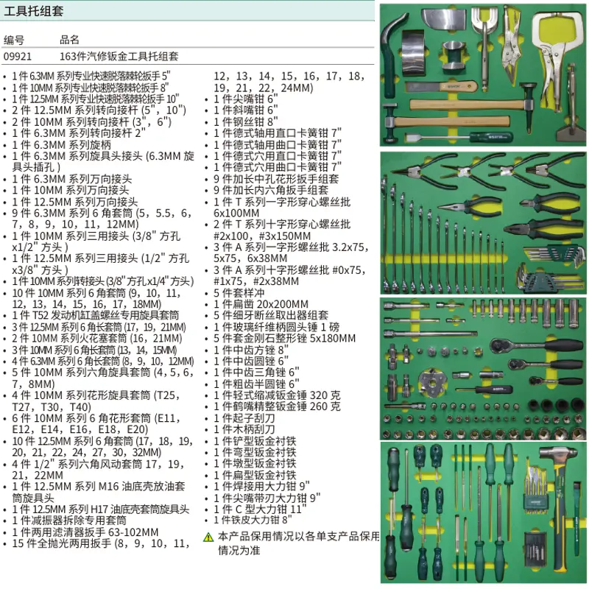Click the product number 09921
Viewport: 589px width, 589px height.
point(18,56)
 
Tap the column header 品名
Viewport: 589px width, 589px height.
point(70,40)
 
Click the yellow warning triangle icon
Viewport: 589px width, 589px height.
point(208,537)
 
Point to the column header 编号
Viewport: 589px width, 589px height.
point(14,40)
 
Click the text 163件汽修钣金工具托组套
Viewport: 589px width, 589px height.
point(119,56)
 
